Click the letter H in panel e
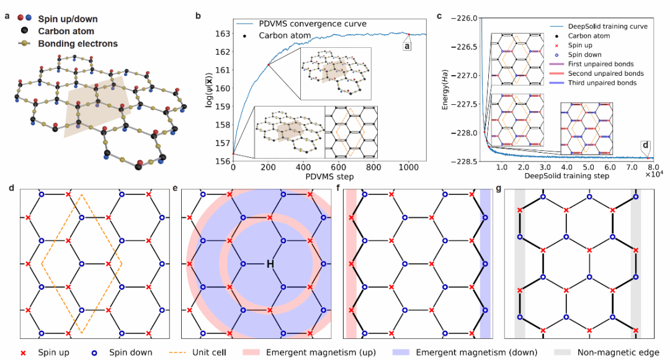click(x=270, y=264)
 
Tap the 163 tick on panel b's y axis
click(x=223, y=34)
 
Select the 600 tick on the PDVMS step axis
click(x=339, y=167)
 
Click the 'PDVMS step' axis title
click(x=329, y=176)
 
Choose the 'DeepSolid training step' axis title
click(x=566, y=176)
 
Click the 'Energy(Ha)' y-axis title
click(x=445, y=89)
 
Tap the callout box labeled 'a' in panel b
click(x=407, y=46)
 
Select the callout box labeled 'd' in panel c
click(x=646, y=145)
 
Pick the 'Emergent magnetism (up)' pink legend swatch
click(x=251, y=353)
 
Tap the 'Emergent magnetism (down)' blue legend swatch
click(x=401, y=353)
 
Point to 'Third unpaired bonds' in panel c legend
click(x=602, y=83)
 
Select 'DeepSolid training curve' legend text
click(x=607, y=27)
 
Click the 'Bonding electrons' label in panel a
click(x=78, y=43)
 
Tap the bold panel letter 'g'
click(x=499, y=188)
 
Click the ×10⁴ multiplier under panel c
click(x=654, y=174)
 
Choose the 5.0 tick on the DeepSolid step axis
click(x=588, y=167)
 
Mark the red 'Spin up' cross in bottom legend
click(x=24, y=353)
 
